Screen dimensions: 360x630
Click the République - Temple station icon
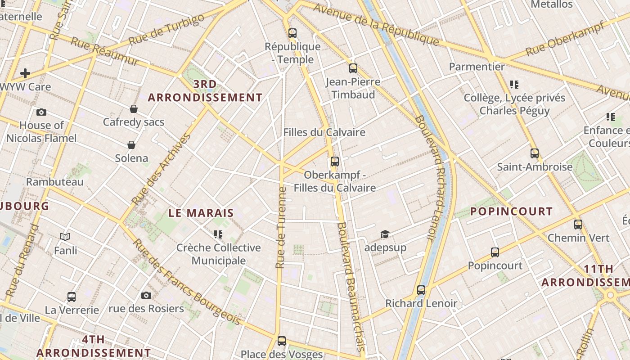pos(292,33)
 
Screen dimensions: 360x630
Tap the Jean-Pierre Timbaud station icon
pos(353,68)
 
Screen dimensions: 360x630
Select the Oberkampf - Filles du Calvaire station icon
pos(334,161)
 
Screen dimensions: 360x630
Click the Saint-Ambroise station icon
pos(534,153)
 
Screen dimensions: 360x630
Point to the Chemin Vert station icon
pos(578,224)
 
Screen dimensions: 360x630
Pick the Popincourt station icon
pos(495,252)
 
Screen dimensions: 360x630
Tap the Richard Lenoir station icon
pos(421,290)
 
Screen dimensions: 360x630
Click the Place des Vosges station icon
pos(282,341)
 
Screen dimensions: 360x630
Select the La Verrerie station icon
pos(72,297)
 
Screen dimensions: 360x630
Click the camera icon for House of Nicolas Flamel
pos(41,112)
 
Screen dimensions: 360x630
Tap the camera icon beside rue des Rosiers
pos(146,296)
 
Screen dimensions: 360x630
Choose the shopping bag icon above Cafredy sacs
pos(134,109)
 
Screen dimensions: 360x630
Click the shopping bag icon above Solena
pos(131,145)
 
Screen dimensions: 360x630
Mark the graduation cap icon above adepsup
pos(385,234)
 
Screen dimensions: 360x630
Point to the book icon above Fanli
pos(65,237)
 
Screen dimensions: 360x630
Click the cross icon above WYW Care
pos(25,73)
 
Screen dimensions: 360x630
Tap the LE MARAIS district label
pos(201,213)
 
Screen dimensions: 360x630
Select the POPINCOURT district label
pos(511,211)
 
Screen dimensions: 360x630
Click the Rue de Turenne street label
pos(281,227)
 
